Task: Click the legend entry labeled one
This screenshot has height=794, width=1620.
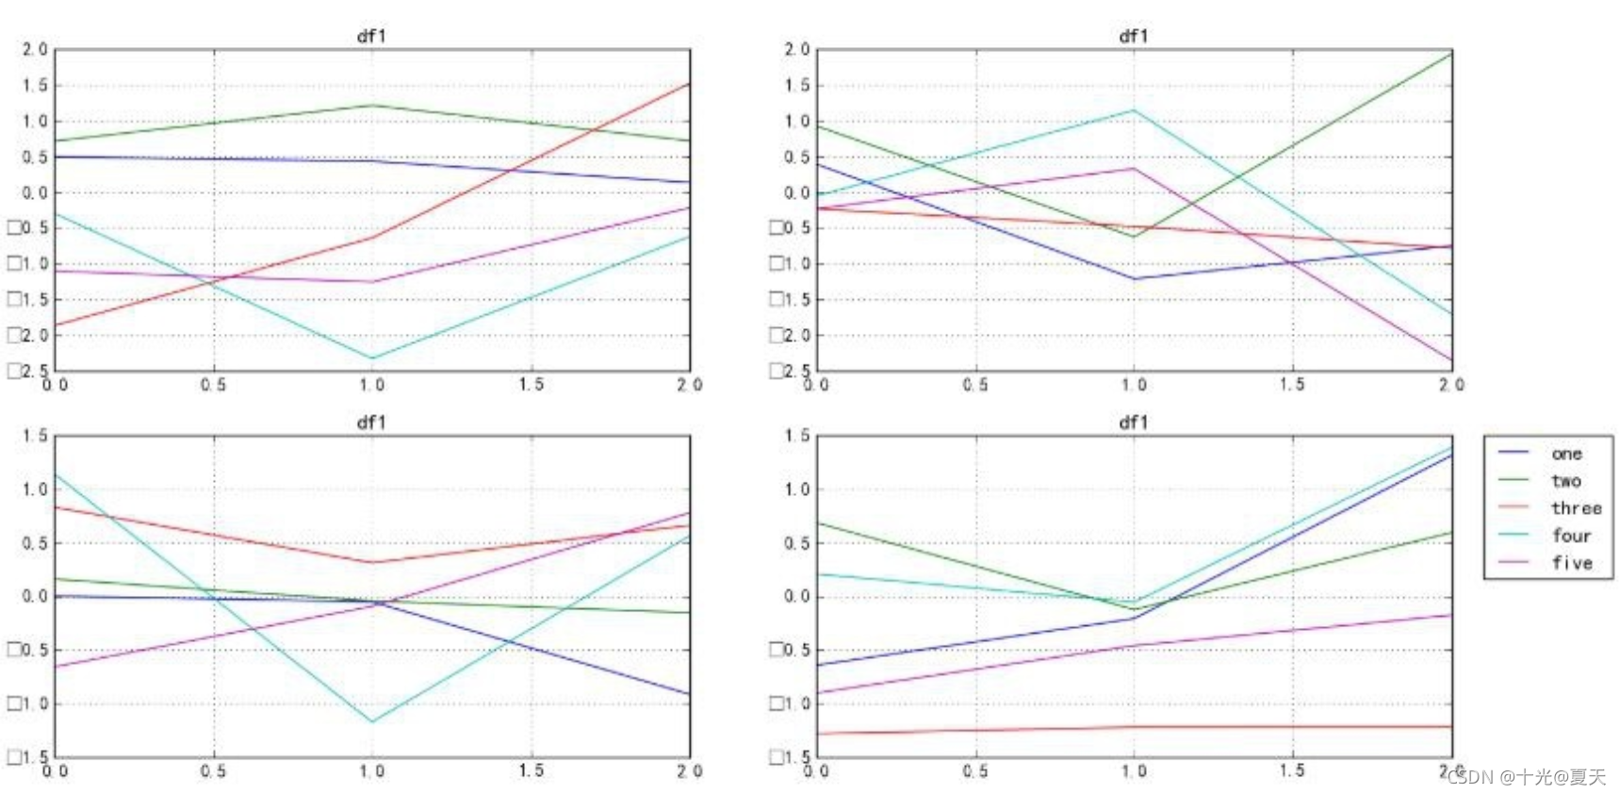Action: (1566, 454)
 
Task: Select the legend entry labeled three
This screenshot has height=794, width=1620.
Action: (1576, 508)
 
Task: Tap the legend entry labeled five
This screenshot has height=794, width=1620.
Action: (1572, 563)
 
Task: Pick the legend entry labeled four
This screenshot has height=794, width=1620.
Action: (1571, 536)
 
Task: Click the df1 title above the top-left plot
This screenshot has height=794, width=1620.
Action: (371, 36)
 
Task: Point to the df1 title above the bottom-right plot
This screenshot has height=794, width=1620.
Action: (1133, 422)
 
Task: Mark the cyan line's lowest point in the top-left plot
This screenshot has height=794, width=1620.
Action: (372, 358)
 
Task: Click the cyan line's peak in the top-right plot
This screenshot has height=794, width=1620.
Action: (1134, 110)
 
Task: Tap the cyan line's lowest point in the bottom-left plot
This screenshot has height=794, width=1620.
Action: (372, 722)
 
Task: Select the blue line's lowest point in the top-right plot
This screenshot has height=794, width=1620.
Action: (1134, 279)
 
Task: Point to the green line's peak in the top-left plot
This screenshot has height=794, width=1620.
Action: (372, 105)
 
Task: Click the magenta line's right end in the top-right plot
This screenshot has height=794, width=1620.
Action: (1451, 360)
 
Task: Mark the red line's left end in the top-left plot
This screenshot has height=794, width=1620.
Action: (56, 325)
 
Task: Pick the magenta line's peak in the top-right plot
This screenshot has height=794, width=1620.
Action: (1134, 169)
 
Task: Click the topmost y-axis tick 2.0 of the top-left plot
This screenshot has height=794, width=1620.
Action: (35, 49)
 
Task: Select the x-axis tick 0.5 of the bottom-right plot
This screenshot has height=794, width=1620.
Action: (975, 771)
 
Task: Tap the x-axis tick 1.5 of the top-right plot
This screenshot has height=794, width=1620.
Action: (1292, 385)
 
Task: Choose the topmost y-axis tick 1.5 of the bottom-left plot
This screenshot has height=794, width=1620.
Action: (35, 436)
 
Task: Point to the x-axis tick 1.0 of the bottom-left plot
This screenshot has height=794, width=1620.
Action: (372, 771)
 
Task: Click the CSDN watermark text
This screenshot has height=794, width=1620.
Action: (1526, 777)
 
